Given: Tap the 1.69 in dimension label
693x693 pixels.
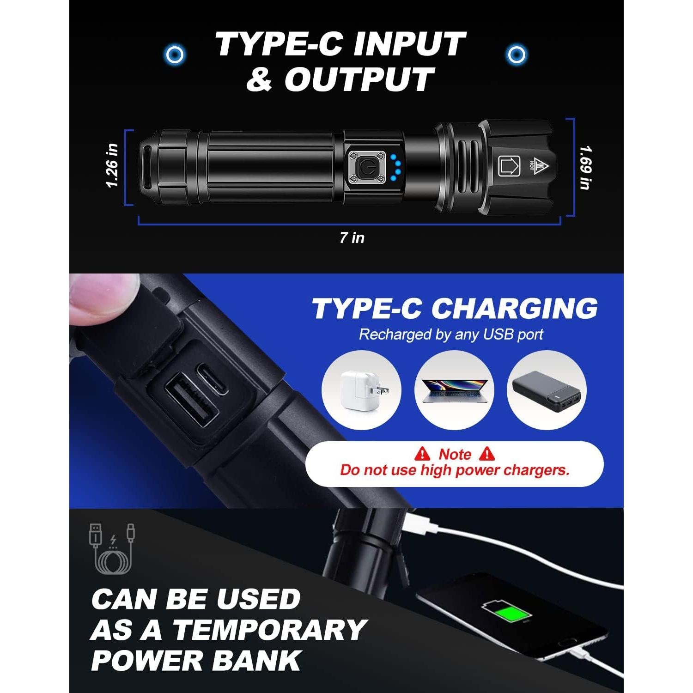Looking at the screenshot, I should click(x=585, y=167).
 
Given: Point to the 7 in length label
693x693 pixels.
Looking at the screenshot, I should click(x=352, y=237).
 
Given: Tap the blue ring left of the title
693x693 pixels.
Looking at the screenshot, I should click(x=174, y=55).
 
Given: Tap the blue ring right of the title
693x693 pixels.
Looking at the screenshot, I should click(x=516, y=55).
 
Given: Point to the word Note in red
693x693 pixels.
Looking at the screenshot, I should click(x=455, y=455).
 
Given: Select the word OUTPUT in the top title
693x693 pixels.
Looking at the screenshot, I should click(x=359, y=79).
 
